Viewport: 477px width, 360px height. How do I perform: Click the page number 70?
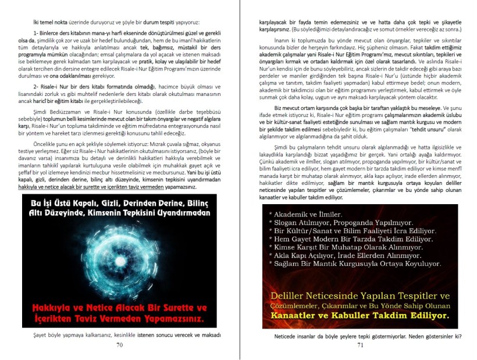click(x=119, y=344)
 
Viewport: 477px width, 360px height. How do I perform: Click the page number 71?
click(x=360, y=344)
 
